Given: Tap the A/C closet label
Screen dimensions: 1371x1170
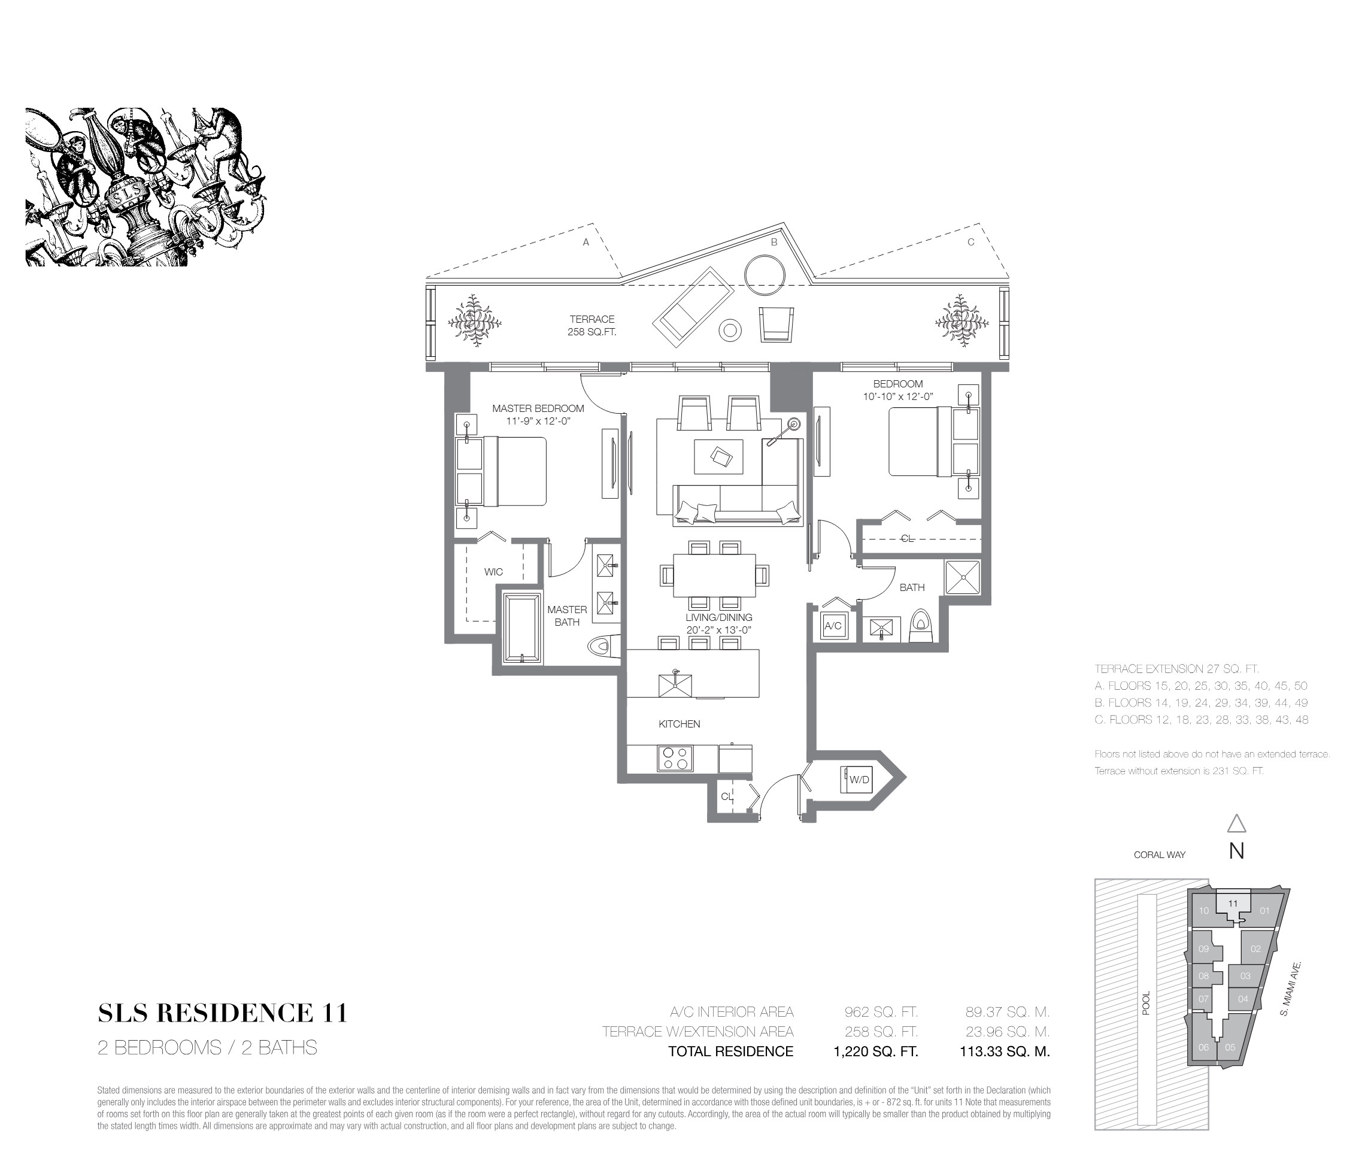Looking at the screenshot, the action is click(832, 625).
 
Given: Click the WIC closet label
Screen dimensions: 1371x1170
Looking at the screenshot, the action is click(493, 572).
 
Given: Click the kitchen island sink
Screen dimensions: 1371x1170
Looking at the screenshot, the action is click(675, 684).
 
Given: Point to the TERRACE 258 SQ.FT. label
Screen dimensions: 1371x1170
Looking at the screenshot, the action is click(592, 326).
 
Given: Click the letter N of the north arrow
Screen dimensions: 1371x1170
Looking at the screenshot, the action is click(1236, 851).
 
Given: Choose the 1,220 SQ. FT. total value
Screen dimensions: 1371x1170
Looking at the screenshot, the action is click(875, 1051).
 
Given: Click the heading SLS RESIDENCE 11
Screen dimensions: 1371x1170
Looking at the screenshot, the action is click(222, 1013).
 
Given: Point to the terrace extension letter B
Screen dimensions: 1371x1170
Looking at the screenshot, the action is click(774, 243).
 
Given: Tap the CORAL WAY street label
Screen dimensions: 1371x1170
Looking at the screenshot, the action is click(1159, 855).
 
